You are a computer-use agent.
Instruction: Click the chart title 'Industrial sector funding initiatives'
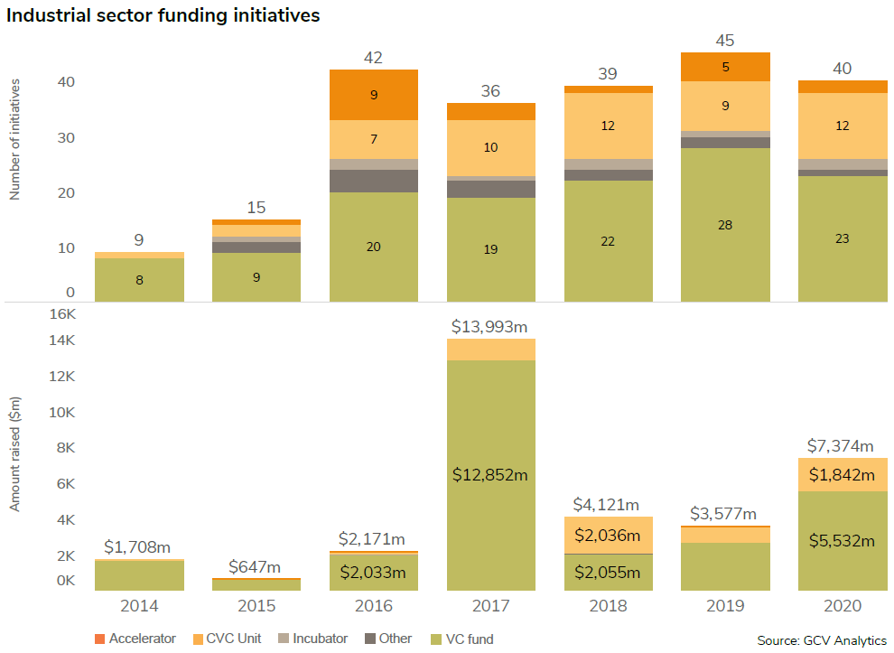[x=163, y=15]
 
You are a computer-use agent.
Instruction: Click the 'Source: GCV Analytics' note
[x=822, y=639]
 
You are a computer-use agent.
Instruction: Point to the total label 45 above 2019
[x=725, y=41]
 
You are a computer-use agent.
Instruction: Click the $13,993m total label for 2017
[x=490, y=326]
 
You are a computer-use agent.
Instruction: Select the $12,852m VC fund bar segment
[x=490, y=475]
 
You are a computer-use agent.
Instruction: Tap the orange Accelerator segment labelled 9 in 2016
[x=374, y=94]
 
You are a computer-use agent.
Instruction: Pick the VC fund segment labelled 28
[x=725, y=224]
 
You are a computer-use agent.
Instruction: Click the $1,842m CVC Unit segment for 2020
[x=843, y=474]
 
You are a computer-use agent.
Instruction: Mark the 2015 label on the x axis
[x=256, y=604]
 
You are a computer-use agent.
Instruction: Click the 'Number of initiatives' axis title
[x=15, y=138]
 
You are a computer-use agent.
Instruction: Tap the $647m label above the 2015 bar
[x=256, y=566]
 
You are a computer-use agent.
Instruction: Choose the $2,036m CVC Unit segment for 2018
[x=608, y=535]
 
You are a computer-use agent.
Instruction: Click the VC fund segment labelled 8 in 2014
[x=139, y=280]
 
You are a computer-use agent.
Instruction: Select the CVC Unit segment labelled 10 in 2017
[x=490, y=147]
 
